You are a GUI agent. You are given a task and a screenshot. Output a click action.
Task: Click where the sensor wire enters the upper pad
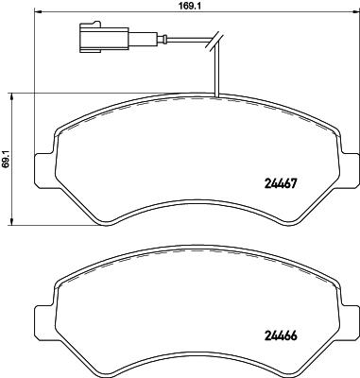point(216,96)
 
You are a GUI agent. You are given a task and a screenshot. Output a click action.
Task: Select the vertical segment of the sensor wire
point(216,71)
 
